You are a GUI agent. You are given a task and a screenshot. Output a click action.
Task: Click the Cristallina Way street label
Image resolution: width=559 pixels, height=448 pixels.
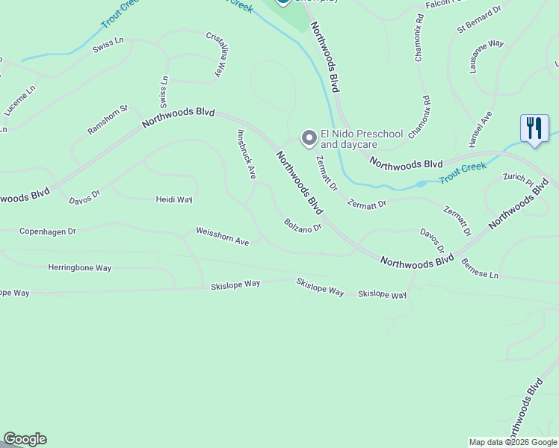point(216,54)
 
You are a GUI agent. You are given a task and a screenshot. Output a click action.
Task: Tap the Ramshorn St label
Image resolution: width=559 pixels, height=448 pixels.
point(108,119)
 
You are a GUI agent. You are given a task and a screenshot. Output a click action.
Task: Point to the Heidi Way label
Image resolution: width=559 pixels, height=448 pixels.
point(174,200)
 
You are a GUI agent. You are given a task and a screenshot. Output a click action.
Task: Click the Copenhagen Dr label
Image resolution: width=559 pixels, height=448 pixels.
point(48,231)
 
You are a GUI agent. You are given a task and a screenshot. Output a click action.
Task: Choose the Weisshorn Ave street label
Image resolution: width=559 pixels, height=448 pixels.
point(222,237)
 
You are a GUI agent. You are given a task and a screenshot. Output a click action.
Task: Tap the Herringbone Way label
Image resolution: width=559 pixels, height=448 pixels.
point(80,267)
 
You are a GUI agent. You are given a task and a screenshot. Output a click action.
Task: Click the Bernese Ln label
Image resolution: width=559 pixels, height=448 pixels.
point(480,269)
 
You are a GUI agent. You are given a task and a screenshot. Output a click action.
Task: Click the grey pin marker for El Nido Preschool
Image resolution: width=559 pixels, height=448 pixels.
point(308,138)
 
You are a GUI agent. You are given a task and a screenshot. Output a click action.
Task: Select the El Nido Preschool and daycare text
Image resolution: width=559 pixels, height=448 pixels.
point(362,139)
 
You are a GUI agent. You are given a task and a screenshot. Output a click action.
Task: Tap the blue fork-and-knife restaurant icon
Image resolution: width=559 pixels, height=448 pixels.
point(534,128)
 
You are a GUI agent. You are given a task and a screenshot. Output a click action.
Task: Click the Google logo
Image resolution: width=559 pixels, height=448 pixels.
point(25,439)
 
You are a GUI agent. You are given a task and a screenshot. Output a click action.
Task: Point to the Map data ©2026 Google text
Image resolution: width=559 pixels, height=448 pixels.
point(513,442)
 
